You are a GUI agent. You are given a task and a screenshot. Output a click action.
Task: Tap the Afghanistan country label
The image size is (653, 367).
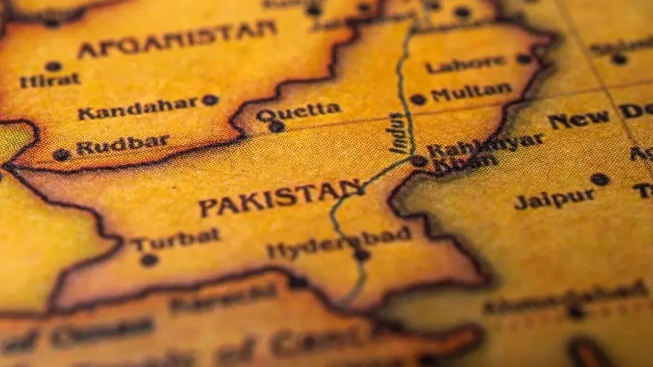[x=177, y=38]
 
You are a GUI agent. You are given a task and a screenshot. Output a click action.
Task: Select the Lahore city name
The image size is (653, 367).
[x=465, y=64]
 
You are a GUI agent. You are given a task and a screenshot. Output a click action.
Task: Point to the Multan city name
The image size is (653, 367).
[x=471, y=92]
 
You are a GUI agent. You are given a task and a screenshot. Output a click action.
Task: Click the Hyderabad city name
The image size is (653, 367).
[x=339, y=242]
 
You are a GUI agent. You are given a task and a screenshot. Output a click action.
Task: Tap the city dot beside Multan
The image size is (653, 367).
[x=418, y=99]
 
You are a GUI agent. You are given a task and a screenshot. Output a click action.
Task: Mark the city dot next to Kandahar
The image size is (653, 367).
[x=210, y=100]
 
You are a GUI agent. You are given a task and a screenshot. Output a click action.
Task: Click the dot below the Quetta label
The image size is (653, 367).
[x=277, y=126]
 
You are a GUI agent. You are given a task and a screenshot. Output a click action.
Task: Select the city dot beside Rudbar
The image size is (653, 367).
[x=62, y=154]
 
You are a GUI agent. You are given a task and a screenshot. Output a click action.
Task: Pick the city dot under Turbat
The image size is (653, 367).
[x=149, y=260]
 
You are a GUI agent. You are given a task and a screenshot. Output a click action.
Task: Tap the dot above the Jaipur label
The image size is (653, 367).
[x=599, y=179]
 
